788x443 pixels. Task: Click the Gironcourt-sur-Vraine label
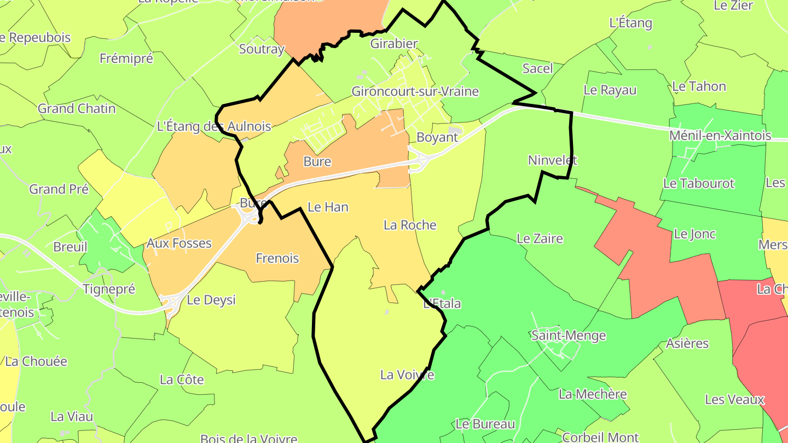[415, 91]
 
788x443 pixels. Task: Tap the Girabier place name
[394, 44]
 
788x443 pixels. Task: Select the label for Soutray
[262, 49]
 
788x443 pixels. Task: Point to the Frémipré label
[126, 59]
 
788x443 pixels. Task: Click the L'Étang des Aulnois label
[213, 127]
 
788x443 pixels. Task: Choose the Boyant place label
[437, 137]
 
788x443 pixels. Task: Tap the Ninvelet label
[553, 160]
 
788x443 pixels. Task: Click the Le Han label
[328, 207]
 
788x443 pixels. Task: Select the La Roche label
[410, 225]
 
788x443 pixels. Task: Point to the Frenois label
[277, 258]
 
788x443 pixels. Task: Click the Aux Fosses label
[179, 243]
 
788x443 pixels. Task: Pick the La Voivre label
[407, 375]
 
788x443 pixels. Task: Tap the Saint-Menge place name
[569, 335]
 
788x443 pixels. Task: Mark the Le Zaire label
[540, 238]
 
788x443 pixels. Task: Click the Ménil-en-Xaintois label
[721, 135]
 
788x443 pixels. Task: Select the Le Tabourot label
[698, 184]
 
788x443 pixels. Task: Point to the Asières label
[687, 343]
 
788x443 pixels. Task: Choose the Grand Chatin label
[77, 108]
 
